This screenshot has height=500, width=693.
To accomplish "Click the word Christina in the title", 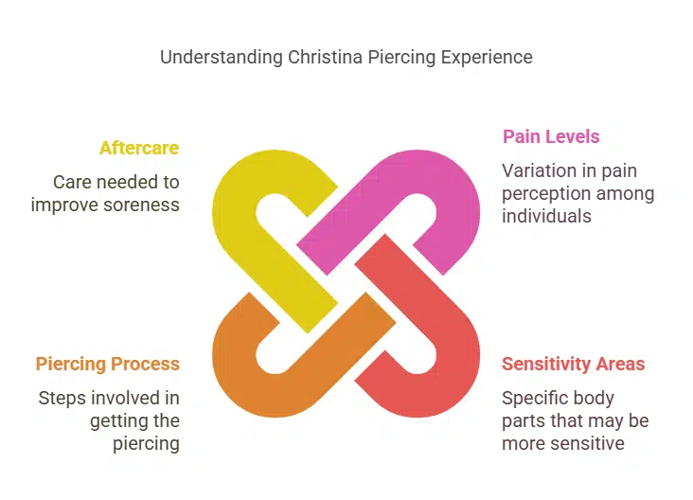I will click(323, 57).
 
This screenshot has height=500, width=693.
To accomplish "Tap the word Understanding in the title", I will click(221, 57).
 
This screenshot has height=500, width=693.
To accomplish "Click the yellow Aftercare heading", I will click(139, 148).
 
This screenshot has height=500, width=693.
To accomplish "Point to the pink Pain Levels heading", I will click(551, 136).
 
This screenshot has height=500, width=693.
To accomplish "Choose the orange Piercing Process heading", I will click(108, 364).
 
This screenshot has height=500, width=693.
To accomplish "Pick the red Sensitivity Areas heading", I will click(574, 364).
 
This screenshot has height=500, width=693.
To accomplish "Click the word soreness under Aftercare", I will click(143, 204).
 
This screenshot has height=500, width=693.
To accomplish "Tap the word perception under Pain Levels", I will click(545, 193).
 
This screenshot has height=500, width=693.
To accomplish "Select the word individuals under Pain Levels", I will click(546, 216).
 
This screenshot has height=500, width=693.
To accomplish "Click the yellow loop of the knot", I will click(241, 208).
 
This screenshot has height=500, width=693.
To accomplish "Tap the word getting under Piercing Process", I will click(116, 420).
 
